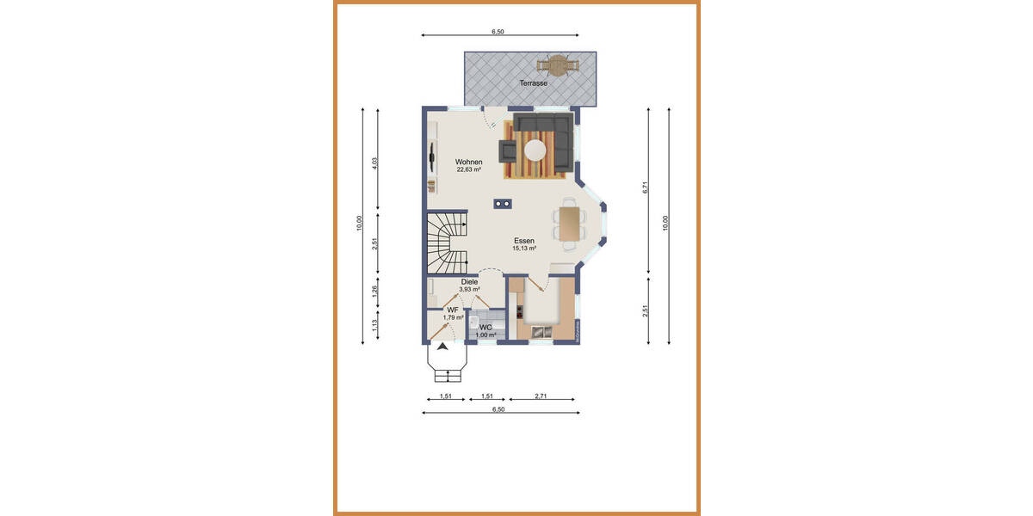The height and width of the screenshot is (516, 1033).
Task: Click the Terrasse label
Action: [533, 83]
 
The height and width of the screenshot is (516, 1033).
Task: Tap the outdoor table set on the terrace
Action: [556, 65]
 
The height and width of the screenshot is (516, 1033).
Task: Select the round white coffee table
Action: [536, 150]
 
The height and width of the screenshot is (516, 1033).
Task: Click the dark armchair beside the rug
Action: [510, 151]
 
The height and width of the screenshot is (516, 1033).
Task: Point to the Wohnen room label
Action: [469, 162]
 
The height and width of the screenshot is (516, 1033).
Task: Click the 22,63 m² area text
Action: [469, 169]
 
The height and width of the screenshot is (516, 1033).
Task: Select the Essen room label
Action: [524, 241]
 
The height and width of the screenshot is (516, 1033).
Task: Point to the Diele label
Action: [469, 281]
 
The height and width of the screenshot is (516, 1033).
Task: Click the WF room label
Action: [452, 310]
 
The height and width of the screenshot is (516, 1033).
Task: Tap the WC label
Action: [486, 327]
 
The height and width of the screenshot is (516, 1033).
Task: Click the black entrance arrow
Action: [442, 347]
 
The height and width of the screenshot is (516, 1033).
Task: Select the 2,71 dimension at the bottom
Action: [541, 396]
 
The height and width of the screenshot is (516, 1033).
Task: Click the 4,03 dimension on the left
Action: [373, 163]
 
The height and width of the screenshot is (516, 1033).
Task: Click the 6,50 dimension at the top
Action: [498, 31]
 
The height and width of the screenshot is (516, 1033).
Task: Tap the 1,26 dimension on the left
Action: [373, 291]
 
